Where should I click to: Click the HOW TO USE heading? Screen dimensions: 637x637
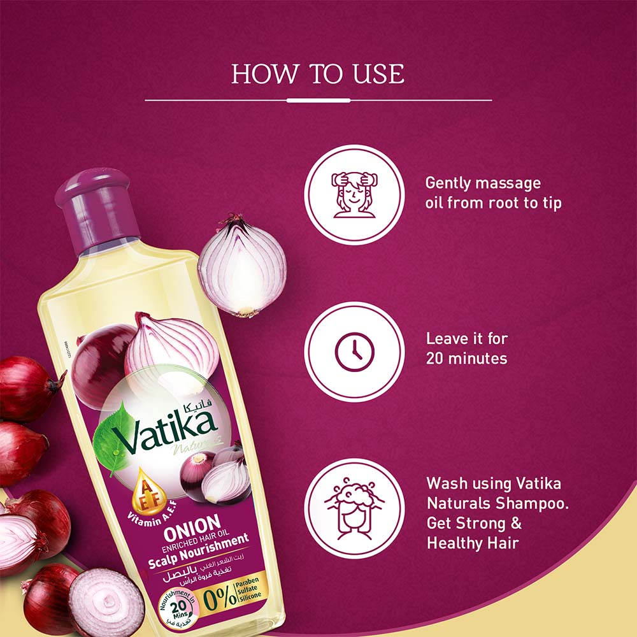click(x=318, y=74)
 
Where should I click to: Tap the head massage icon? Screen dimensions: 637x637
click(x=354, y=194)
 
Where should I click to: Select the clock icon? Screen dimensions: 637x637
click(x=354, y=352)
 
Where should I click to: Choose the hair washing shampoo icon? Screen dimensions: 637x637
click(x=354, y=508)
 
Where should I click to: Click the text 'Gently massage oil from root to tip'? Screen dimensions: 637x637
click(x=493, y=194)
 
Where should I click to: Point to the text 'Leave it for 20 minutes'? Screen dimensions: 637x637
click(x=466, y=348)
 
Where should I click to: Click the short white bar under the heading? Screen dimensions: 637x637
click(x=318, y=100)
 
